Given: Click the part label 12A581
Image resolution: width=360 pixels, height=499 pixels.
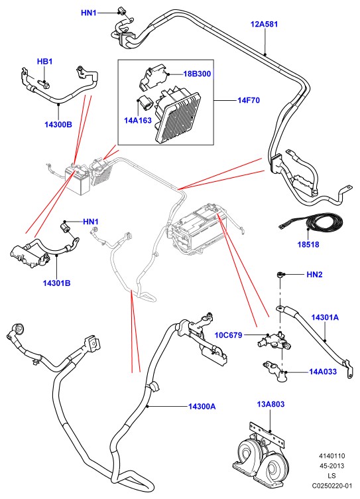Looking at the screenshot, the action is tap(264, 24).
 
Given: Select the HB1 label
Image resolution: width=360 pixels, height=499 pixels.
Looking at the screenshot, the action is tap(45, 62).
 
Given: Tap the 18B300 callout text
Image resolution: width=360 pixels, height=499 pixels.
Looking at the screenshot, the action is tap(197, 74).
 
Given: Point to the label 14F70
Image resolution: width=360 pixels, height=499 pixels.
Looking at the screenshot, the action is tap(249, 100).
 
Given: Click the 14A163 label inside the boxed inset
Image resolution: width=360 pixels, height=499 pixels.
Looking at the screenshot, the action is tap(138, 121).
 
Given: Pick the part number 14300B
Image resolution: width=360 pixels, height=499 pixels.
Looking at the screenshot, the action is tap(58, 125).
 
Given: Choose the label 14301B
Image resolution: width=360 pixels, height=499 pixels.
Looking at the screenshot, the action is tap(56, 283).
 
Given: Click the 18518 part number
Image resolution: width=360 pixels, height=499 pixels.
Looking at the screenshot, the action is tap(308, 245).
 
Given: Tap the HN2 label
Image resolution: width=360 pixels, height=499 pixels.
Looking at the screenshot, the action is tap(314, 274).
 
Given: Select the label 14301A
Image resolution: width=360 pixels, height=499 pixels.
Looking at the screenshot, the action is tap(325, 317).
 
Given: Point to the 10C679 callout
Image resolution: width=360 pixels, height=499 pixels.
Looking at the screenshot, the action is tap(228, 335).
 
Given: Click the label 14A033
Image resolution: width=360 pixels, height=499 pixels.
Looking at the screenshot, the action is tap(323, 372).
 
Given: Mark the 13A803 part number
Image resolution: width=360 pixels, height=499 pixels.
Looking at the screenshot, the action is tap(270, 404).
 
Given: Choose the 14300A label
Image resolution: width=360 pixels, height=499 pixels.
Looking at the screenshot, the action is tap(202, 406).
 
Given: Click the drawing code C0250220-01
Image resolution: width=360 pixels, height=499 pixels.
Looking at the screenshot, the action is tap(332, 486).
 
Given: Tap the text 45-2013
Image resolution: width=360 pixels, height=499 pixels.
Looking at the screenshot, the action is tap(332, 466).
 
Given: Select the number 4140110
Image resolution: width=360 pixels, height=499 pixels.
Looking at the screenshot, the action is tap(332, 456).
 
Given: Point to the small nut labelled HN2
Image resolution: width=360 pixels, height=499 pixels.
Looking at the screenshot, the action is tap(280, 274).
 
